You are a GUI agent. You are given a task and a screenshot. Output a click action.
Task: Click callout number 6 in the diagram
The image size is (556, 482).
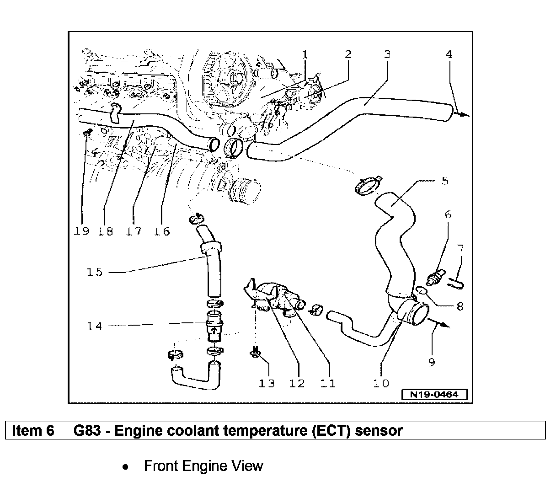448,214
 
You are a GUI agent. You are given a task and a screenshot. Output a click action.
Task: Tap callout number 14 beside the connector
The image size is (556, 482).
95,326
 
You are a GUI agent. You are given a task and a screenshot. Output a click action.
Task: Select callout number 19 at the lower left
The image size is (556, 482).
81,231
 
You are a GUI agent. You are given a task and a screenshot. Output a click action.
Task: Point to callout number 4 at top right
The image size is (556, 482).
449,54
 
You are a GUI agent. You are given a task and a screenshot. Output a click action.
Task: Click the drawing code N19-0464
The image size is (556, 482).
434,394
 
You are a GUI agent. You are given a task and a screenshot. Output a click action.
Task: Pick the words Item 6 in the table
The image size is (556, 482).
33,430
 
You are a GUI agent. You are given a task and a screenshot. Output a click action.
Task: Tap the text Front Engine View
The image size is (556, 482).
203,466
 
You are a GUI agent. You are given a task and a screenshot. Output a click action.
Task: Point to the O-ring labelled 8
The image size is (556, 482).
422,289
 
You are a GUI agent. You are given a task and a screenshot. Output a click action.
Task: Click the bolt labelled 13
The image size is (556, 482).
255,352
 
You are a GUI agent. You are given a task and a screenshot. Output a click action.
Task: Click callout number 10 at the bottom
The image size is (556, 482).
380,383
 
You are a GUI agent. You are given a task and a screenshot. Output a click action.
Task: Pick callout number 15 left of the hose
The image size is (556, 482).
95,272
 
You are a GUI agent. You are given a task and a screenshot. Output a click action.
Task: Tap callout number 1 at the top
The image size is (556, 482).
305,54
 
